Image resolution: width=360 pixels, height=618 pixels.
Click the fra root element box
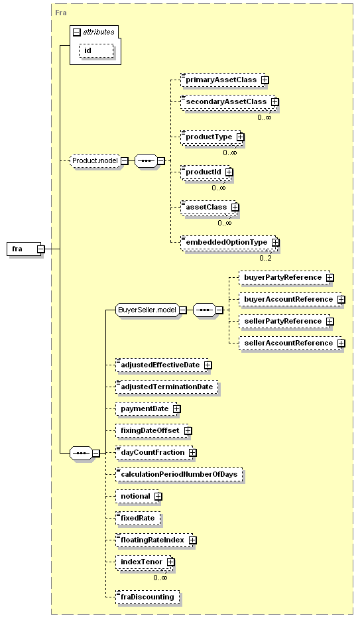24,249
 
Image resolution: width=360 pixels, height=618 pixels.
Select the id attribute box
97,51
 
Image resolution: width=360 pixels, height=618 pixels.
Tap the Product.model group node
95,161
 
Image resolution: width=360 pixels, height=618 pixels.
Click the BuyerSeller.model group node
147,310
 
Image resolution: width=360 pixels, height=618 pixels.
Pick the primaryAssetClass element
221,80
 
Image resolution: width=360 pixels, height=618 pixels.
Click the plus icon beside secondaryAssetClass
274,101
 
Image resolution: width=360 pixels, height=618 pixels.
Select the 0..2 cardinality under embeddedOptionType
265,258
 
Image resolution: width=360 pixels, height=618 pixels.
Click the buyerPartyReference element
284,277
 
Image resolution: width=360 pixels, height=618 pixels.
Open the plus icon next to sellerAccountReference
341,343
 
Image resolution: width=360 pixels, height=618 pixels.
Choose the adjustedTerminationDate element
166,387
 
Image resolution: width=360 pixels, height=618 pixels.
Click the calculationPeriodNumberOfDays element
179,474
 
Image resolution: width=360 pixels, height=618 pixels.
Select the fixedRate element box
138,518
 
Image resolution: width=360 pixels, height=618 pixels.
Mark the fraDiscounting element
147,597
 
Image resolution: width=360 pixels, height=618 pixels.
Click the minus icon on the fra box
40,249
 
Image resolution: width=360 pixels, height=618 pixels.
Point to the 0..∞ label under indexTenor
160,578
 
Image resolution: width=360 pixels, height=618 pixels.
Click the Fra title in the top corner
61,13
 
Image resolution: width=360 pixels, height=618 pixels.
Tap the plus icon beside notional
158,496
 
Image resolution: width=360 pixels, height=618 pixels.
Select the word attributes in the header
99,32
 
